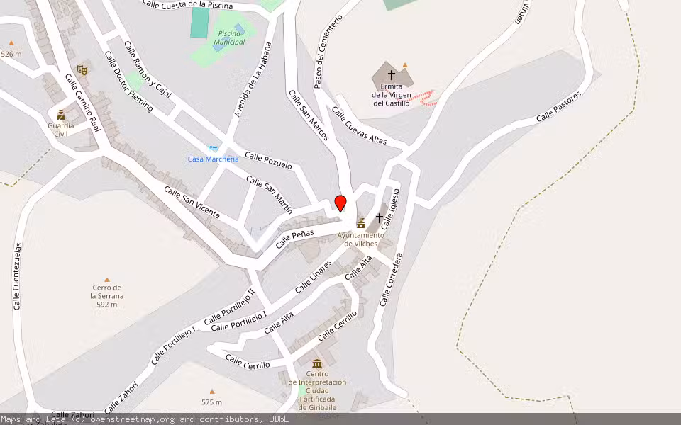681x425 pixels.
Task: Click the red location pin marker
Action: click(x=340, y=203)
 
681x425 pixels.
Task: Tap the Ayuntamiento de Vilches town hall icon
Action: click(x=361, y=223)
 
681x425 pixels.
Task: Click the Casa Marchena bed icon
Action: click(x=213, y=148)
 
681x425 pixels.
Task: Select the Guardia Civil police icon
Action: click(x=61, y=113)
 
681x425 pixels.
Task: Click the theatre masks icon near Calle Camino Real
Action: click(x=82, y=69)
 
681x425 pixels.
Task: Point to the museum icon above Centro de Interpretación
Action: click(x=316, y=363)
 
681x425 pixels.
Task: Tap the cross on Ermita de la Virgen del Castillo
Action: click(x=392, y=74)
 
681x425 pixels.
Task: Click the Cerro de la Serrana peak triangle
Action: click(x=107, y=280)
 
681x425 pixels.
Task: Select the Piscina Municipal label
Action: click(x=231, y=38)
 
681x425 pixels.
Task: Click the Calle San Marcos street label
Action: click(x=309, y=115)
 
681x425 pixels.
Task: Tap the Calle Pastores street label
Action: click(x=558, y=106)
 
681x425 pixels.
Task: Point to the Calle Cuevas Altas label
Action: click(x=360, y=126)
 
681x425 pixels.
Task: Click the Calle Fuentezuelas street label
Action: click(x=18, y=276)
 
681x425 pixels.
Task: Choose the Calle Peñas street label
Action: click(x=294, y=238)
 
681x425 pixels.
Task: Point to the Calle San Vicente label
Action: click(x=192, y=202)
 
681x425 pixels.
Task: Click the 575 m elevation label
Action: click(x=211, y=402)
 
